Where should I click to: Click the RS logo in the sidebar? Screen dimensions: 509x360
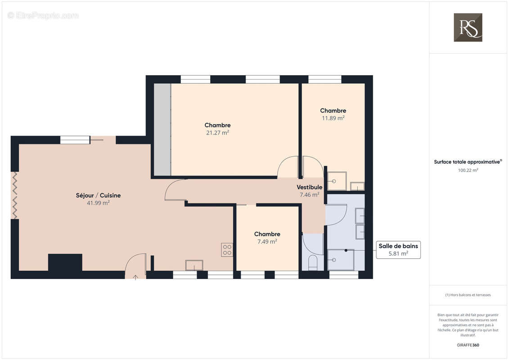point(468,27)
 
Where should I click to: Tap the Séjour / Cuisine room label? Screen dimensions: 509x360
point(98,195)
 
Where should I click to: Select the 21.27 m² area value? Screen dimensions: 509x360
point(217,132)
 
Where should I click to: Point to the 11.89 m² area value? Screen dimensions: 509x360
point(333,118)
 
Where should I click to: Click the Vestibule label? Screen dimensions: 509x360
point(309,187)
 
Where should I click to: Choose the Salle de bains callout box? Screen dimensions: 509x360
point(398,250)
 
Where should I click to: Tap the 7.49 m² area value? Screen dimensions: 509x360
point(267,242)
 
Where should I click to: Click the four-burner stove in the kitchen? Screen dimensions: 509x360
point(227,250)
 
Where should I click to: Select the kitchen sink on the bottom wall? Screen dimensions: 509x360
point(194,265)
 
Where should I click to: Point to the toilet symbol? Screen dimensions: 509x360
point(313,263)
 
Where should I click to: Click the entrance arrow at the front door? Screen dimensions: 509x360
point(136,277)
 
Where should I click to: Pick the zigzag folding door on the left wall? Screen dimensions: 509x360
point(14,195)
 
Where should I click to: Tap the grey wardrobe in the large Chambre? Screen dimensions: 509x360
point(162,130)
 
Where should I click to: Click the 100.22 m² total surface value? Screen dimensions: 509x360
point(468,170)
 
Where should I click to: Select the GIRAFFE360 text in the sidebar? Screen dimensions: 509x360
point(468,345)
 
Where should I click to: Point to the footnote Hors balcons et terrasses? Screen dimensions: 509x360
point(468,295)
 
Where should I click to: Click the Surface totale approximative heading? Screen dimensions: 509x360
point(468,162)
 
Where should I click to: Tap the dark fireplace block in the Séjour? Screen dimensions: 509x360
point(65,262)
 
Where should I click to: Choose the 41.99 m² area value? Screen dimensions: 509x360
point(98,203)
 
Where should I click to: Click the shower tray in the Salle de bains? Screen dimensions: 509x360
point(341,260)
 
